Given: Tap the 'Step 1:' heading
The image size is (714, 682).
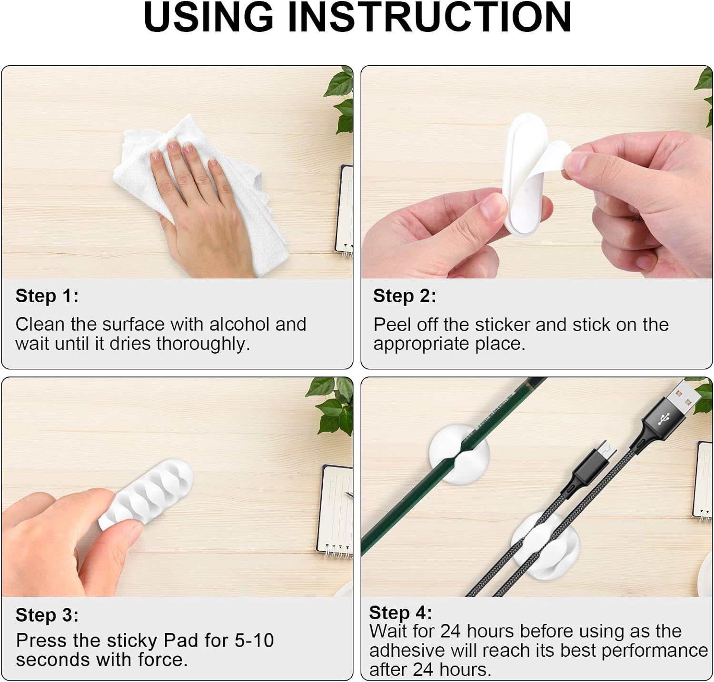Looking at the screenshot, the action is tap(47, 296).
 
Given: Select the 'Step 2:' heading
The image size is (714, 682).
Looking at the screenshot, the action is tap(405, 296).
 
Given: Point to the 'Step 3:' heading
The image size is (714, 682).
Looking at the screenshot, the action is tap(47, 615).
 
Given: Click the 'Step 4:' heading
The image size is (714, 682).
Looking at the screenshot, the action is tap(401, 613).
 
